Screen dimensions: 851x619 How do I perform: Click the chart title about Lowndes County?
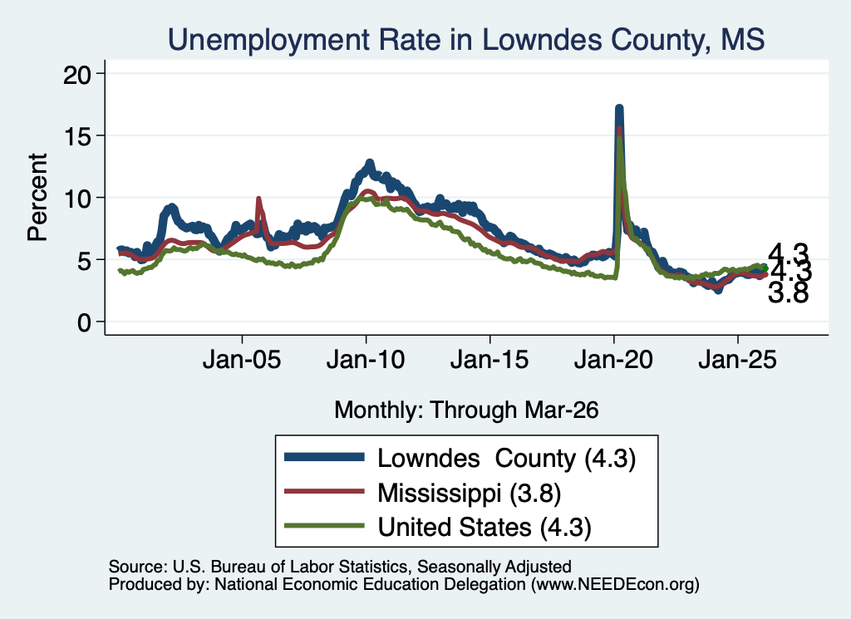[x=466, y=40]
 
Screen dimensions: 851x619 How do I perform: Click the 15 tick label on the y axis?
[x=76, y=136]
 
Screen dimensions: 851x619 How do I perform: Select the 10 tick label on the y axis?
[x=76, y=199]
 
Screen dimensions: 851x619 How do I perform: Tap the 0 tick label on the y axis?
[x=84, y=322]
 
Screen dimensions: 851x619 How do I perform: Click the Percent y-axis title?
[x=37, y=197]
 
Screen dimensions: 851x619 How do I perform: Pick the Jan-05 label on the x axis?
[x=242, y=360]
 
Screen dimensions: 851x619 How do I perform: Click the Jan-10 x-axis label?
[x=366, y=360]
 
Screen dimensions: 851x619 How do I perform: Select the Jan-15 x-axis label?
[x=489, y=360]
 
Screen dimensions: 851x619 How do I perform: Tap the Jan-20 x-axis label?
[x=613, y=360]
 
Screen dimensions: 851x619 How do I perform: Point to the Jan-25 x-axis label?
[x=738, y=360]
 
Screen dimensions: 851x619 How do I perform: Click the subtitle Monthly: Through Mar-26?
[x=466, y=410]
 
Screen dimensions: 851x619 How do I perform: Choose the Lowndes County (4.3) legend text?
[x=506, y=459]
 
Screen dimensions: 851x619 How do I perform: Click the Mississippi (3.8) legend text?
[x=470, y=493]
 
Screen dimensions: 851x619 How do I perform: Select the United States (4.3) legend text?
[x=485, y=528]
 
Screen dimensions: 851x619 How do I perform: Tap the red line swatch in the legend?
[x=325, y=492]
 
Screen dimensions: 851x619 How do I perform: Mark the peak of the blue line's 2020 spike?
[x=618, y=109]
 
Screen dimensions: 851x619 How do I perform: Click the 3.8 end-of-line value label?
[x=788, y=293]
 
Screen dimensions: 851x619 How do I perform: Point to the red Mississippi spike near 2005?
[x=258, y=199]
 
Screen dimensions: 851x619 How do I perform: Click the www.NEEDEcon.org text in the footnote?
[x=614, y=584]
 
